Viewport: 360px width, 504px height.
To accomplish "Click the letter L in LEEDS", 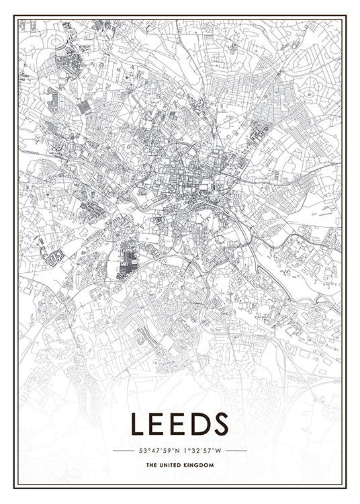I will [x=139, y=424].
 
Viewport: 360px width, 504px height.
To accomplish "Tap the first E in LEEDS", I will [x=160, y=424].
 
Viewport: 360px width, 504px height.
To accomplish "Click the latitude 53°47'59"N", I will [x=159, y=450].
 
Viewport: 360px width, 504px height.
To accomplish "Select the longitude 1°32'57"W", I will [x=202, y=450].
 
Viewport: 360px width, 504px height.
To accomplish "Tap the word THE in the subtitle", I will [x=150, y=465].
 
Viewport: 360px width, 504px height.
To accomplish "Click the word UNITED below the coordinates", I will [x=171, y=465].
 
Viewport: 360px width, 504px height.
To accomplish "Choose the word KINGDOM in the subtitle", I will [x=201, y=465].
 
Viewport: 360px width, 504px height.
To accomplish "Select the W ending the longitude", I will [x=220, y=450].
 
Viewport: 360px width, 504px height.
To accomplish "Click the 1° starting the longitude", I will [x=185, y=450].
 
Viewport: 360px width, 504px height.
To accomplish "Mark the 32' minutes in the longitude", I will [x=197, y=450].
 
